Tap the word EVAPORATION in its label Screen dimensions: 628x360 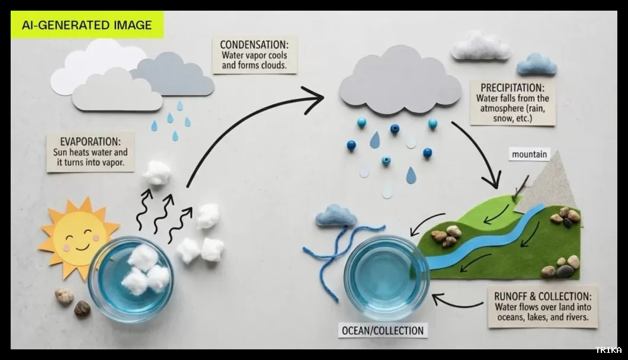(90, 142)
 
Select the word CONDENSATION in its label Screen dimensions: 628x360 (254, 44)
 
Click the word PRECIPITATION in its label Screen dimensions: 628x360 (512, 88)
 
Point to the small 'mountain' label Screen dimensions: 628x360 (530, 155)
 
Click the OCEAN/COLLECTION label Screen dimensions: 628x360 (383, 331)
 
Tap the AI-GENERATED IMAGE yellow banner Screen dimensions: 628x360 (87, 25)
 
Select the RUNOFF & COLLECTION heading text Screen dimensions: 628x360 (543, 296)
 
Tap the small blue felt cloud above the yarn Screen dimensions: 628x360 (336, 216)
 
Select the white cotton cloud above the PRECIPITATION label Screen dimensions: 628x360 (480, 46)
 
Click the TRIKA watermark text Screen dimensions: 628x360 (608, 351)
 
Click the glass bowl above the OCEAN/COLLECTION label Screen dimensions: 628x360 (386, 273)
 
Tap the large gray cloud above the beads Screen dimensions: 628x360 (400, 80)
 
